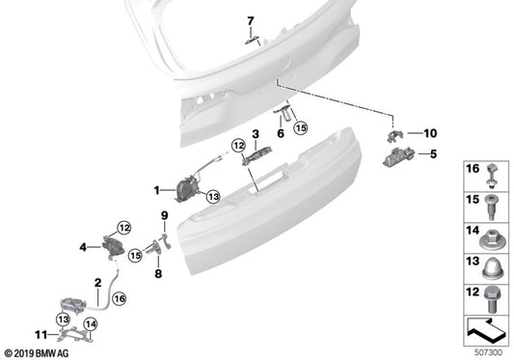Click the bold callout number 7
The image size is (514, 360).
(x=250, y=21)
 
